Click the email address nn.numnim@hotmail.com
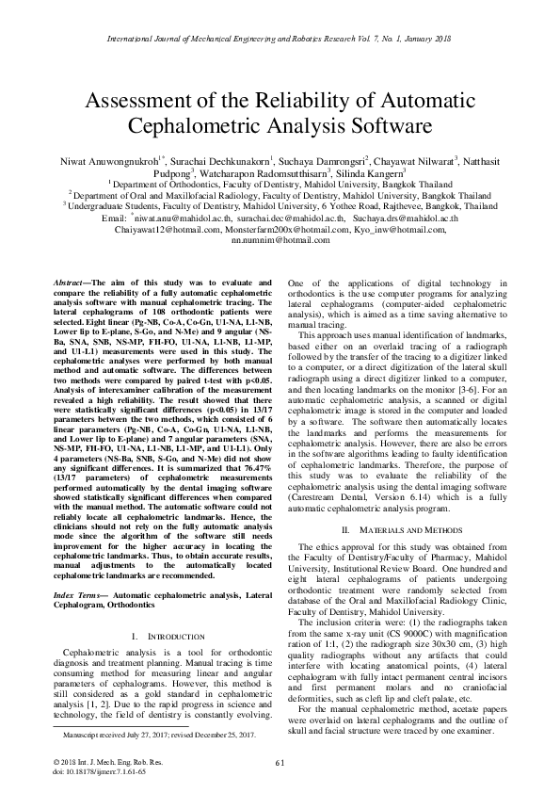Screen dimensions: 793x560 280,242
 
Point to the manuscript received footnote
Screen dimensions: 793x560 145,732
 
